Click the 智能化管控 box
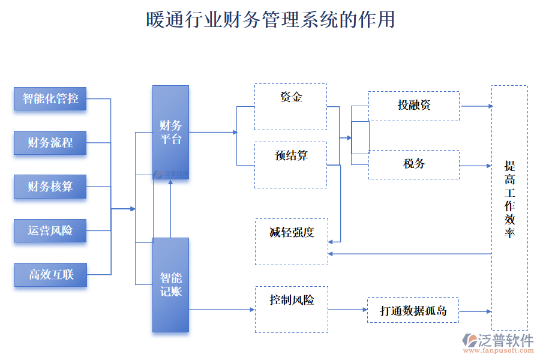50,99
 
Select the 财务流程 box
50,143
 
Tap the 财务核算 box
50,187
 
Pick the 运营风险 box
50,230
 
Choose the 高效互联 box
50,275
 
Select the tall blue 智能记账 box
170,285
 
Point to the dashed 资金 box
290,107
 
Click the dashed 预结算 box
291,164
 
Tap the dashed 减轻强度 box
292,241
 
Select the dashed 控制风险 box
292,309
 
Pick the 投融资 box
414,106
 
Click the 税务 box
414,164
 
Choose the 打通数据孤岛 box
413,311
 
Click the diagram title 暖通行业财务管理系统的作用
270,20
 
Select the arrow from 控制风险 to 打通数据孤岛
347,310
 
